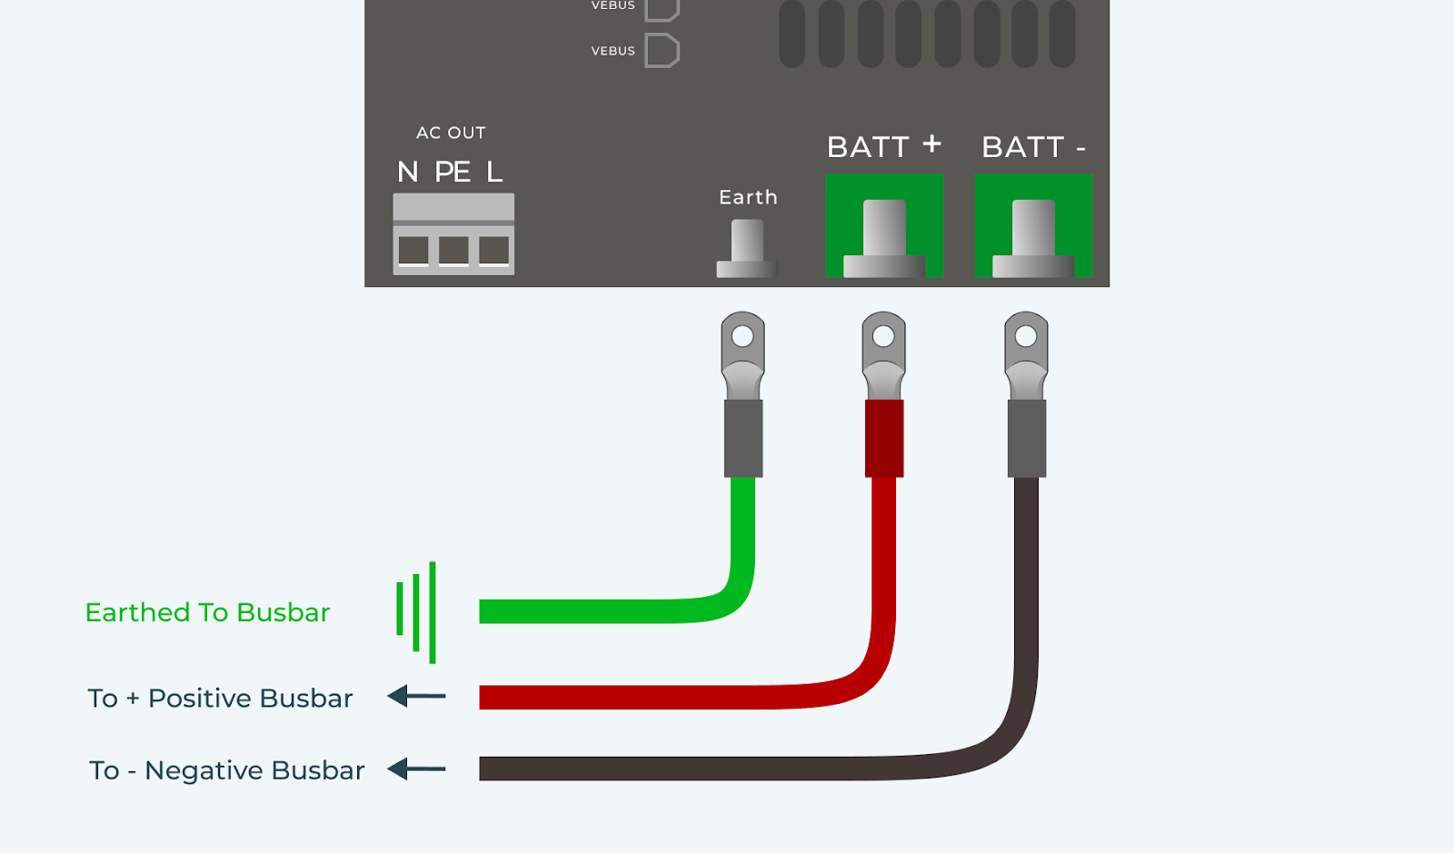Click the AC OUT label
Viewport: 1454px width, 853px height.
click(x=451, y=133)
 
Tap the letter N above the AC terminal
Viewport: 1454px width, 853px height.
click(x=408, y=172)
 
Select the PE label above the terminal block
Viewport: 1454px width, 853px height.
click(x=453, y=172)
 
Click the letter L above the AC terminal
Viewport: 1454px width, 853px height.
click(x=494, y=172)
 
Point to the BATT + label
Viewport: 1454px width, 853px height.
click(x=883, y=146)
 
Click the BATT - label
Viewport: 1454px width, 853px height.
click(x=1033, y=147)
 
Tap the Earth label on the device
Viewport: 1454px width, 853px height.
click(x=748, y=197)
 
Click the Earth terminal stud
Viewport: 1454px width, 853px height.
click(x=747, y=247)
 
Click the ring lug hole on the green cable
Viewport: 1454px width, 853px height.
click(x=742, y=336)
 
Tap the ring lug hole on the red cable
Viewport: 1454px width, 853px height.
click(x=883, y=336)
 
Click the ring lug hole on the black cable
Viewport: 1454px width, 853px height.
click(x=1026, y=336)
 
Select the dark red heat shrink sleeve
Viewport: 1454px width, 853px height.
click(x=884, y=438)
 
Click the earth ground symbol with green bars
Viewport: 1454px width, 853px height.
click(x=416, y=611)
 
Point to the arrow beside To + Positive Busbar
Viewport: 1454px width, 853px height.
click(x=416, y=697)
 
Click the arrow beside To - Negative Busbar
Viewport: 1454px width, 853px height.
click(x=416, y=769)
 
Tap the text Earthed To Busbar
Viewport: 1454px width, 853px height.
click(x=207, y=612)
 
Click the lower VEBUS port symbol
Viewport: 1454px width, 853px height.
click(x=662, y=51)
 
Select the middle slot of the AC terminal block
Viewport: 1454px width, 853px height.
click(x=453, y=250)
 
